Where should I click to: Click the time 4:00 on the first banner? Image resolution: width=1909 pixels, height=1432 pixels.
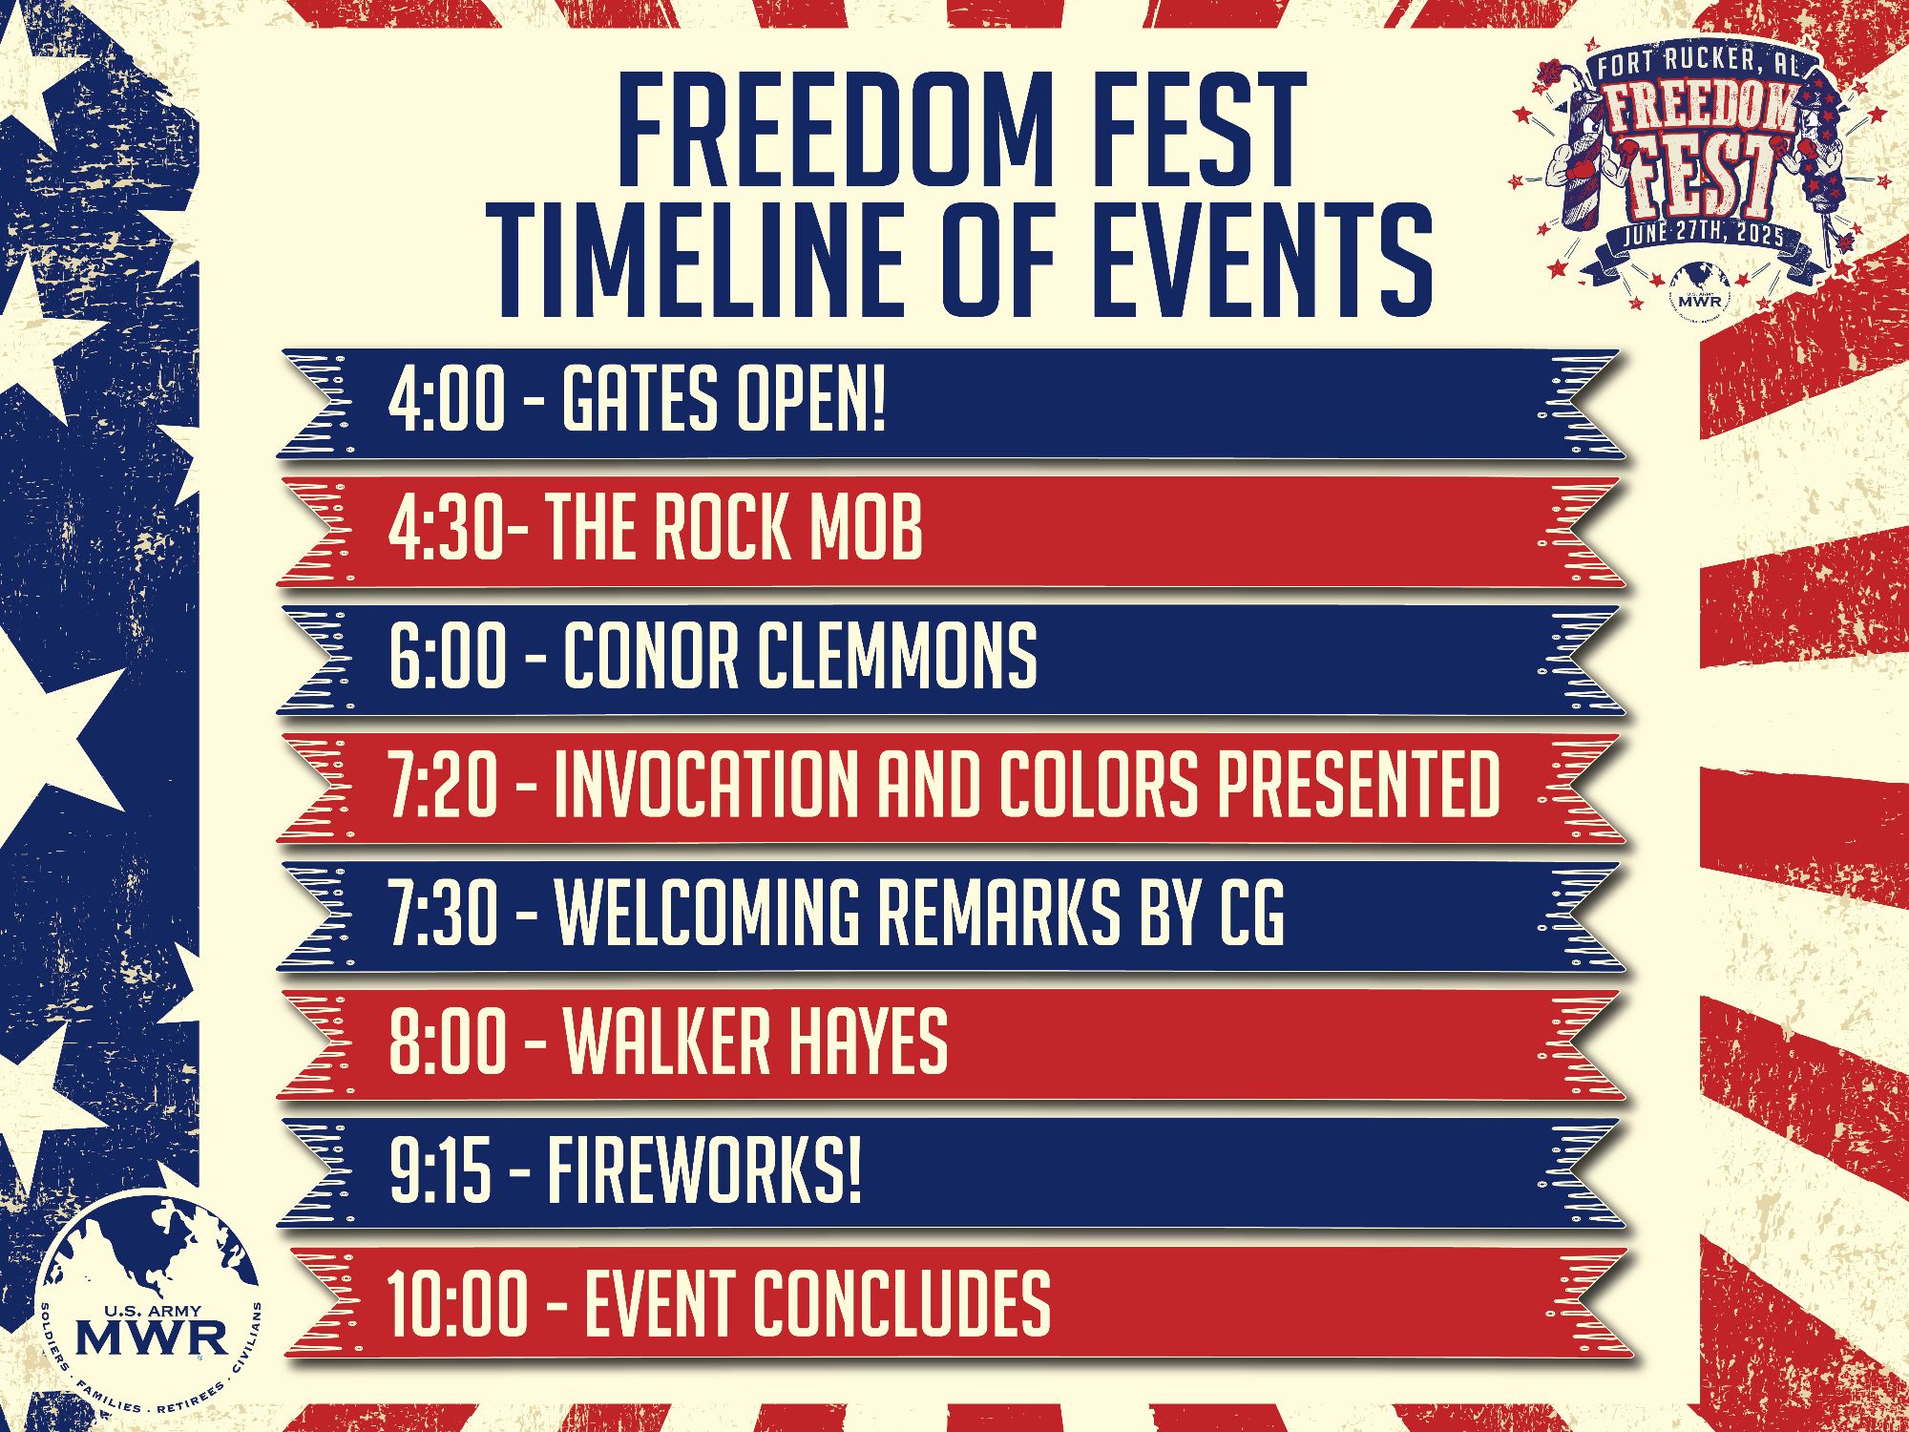[x=447, y=401]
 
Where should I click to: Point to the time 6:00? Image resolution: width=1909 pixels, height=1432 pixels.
[x=448, y=656]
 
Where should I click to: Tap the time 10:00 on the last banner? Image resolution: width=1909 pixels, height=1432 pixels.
[x=456, y=1302]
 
